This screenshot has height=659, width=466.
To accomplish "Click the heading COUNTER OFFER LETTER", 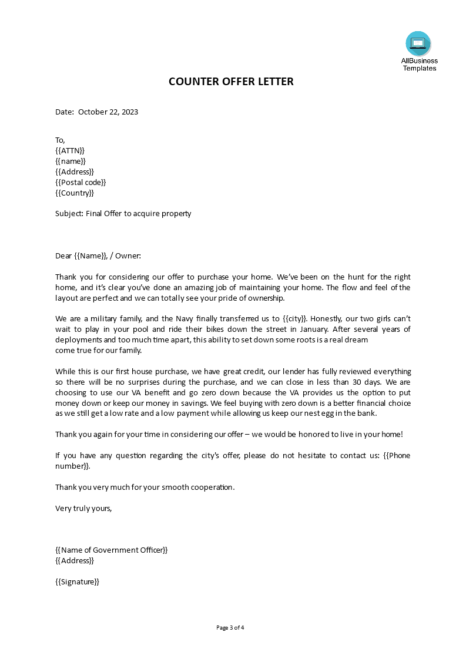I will [231, 82].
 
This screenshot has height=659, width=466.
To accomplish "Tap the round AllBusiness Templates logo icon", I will [418, 43].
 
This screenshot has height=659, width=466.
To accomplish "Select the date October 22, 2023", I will [108, 112].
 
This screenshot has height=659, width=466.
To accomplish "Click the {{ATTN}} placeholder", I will [70, 150].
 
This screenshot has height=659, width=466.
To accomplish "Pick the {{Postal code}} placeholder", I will [81, 182].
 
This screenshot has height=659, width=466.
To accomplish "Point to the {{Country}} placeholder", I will [75, 193].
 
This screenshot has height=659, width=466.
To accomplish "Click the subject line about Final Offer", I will [123, 213].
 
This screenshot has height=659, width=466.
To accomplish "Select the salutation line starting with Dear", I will [98, 255].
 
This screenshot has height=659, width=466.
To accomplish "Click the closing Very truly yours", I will [83, 508].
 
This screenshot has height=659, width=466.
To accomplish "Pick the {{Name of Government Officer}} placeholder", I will [112, 550].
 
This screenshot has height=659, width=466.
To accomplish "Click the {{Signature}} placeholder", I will [78, 581].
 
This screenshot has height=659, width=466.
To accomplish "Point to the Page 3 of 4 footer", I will [230, 627].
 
